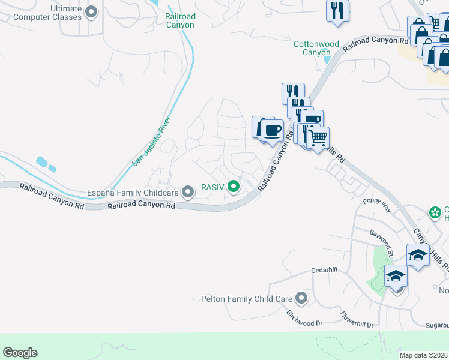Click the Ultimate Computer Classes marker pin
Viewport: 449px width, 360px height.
tap(91, 11)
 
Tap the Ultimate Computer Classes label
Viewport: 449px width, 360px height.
tap(47, 13)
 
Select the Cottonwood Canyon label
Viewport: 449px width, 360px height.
tap(316, 48)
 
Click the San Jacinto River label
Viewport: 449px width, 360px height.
tap(152, 142)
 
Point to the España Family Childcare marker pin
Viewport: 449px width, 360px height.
tap(188, 193)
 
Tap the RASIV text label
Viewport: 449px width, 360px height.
tap(212, 187)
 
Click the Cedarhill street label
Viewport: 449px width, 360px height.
tap(324, 271)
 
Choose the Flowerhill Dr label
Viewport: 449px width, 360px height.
tap(357, 320)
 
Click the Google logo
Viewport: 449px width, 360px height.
tap(20, 353)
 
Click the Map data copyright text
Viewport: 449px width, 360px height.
tap(424, 355)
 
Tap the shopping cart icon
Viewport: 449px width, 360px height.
tap(319, 137)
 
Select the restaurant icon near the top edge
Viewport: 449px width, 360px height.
tap(337, 10)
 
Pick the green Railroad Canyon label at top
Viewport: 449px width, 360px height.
tap(180, 21)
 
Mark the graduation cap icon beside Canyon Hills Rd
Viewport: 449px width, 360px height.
tap(418, 254)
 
